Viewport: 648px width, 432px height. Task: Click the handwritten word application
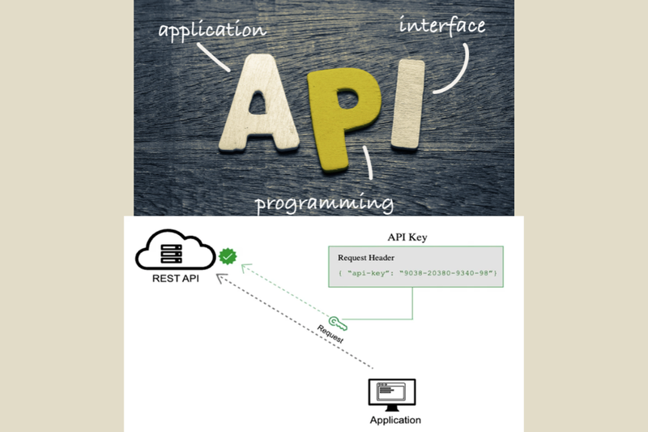coord(212,31)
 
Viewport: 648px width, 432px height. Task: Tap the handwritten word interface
coord(441,25)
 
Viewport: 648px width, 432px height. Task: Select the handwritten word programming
coord(325,203)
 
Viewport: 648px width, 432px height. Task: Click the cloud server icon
coord(173,251)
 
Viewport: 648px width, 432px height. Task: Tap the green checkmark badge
coord(228,257)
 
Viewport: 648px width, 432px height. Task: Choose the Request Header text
coord(366,257)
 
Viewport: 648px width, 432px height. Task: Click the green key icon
coord(339,323)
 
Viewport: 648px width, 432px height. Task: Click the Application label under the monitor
coord(395,420)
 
